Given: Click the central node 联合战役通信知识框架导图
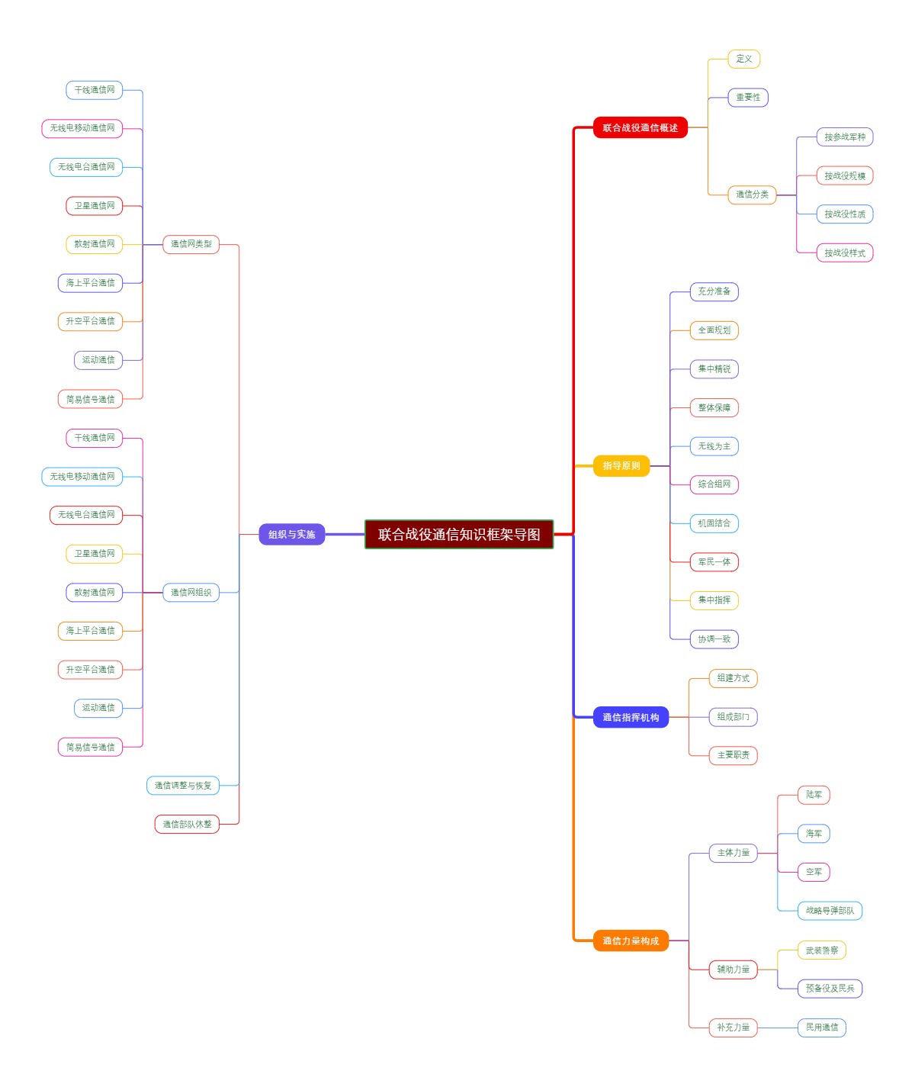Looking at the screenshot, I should (459, 534).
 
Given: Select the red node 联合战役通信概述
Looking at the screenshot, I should (640, 128).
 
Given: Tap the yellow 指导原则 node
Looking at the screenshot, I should (621, 466).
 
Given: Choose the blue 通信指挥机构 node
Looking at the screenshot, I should (631, 717).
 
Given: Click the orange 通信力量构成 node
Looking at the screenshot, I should (631, 941).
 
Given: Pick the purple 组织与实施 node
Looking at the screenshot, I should (291, 534).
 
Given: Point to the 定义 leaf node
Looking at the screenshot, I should (743, 59).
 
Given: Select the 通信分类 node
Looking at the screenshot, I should (752, 195).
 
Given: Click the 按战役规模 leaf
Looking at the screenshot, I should (844, 175).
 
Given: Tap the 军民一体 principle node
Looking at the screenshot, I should (714, 562).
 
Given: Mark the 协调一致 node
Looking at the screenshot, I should (714, 639).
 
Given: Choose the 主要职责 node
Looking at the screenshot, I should (733, 755).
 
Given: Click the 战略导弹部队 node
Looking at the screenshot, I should (830, 910).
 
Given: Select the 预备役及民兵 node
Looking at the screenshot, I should (830, 989).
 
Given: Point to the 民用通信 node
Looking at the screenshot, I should (821, 1028).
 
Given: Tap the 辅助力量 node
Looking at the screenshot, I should (733, 970).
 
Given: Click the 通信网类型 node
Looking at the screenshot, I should (191, 244).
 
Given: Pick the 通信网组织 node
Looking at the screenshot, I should (191, 592).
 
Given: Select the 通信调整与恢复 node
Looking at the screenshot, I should (183, 786).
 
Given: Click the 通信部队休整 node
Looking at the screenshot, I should (187, 824).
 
